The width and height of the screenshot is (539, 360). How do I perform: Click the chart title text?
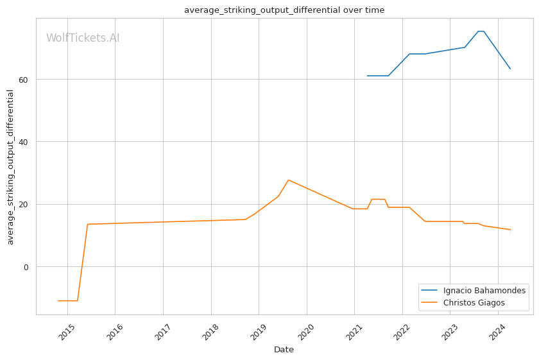click(284, 10)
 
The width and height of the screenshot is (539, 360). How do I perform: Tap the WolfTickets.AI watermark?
click(83, 38)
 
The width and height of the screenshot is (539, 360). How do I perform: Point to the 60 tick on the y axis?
click(23, 80)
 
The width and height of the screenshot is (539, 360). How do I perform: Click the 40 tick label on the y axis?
click(23, 142)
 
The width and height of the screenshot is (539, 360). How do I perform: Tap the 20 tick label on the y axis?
click(23, 205)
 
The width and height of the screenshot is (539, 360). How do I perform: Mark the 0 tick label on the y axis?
click(26, 267)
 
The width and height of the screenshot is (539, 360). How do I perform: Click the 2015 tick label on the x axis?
click(67, 332)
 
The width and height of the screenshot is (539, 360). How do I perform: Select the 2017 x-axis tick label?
click(162, 332)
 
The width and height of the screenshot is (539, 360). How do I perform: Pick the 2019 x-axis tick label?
click(258, 332)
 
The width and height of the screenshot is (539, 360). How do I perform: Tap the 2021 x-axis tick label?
click(354, 332)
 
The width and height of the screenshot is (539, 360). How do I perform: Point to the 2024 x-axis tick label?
click(497, 332)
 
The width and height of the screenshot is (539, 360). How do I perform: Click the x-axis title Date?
click(284, 350)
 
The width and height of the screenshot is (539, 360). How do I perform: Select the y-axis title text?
click(10, 167)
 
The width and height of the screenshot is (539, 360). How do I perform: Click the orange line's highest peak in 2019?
click(288, 180)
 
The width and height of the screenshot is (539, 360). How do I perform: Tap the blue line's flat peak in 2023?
click(481, 31)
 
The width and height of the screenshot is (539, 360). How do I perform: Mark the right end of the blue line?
click(510, 69)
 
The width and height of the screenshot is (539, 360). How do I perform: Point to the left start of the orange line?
click(58, 301)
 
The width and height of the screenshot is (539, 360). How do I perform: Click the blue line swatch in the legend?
click(429, 291)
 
